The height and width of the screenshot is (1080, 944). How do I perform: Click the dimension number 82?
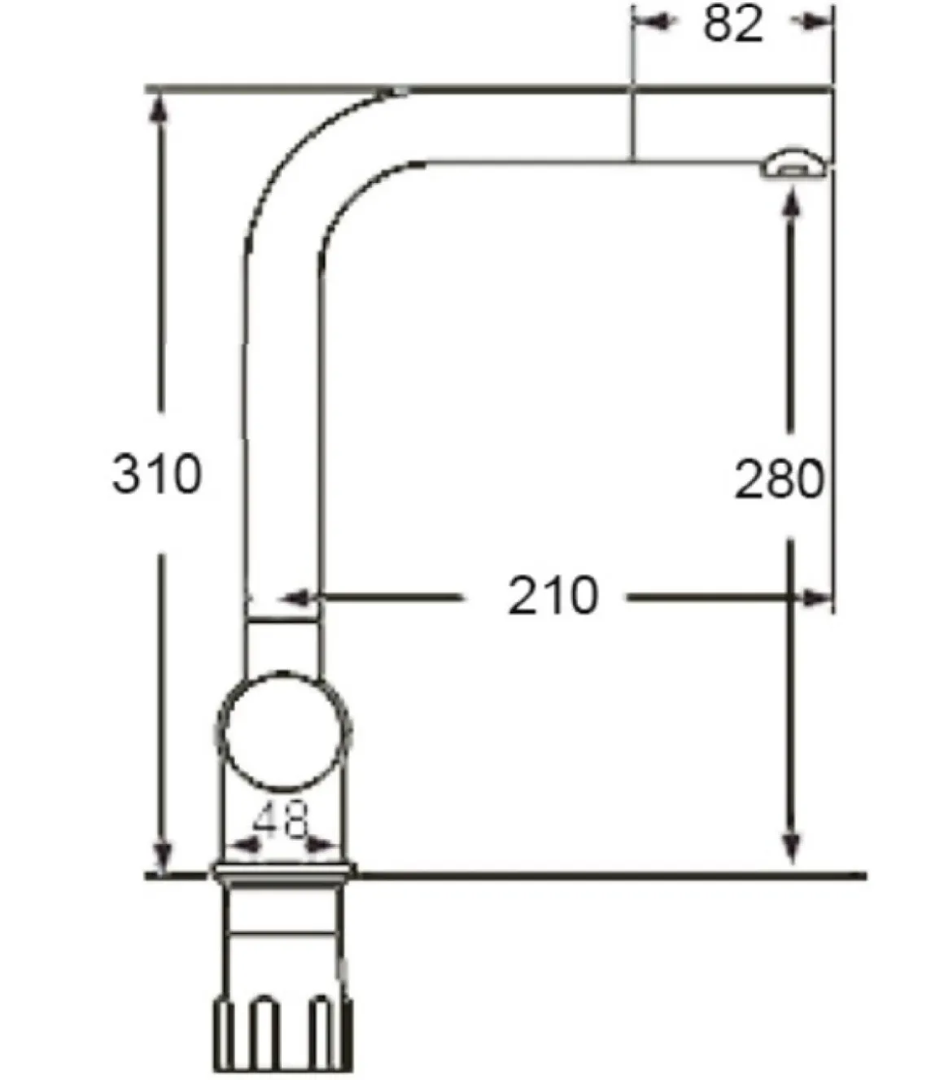coord(733,24)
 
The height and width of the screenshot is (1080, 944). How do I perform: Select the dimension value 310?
coord(157,474)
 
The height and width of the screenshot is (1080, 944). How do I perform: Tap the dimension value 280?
coord(779,479)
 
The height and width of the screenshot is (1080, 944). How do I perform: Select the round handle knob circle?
coord(284,732)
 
